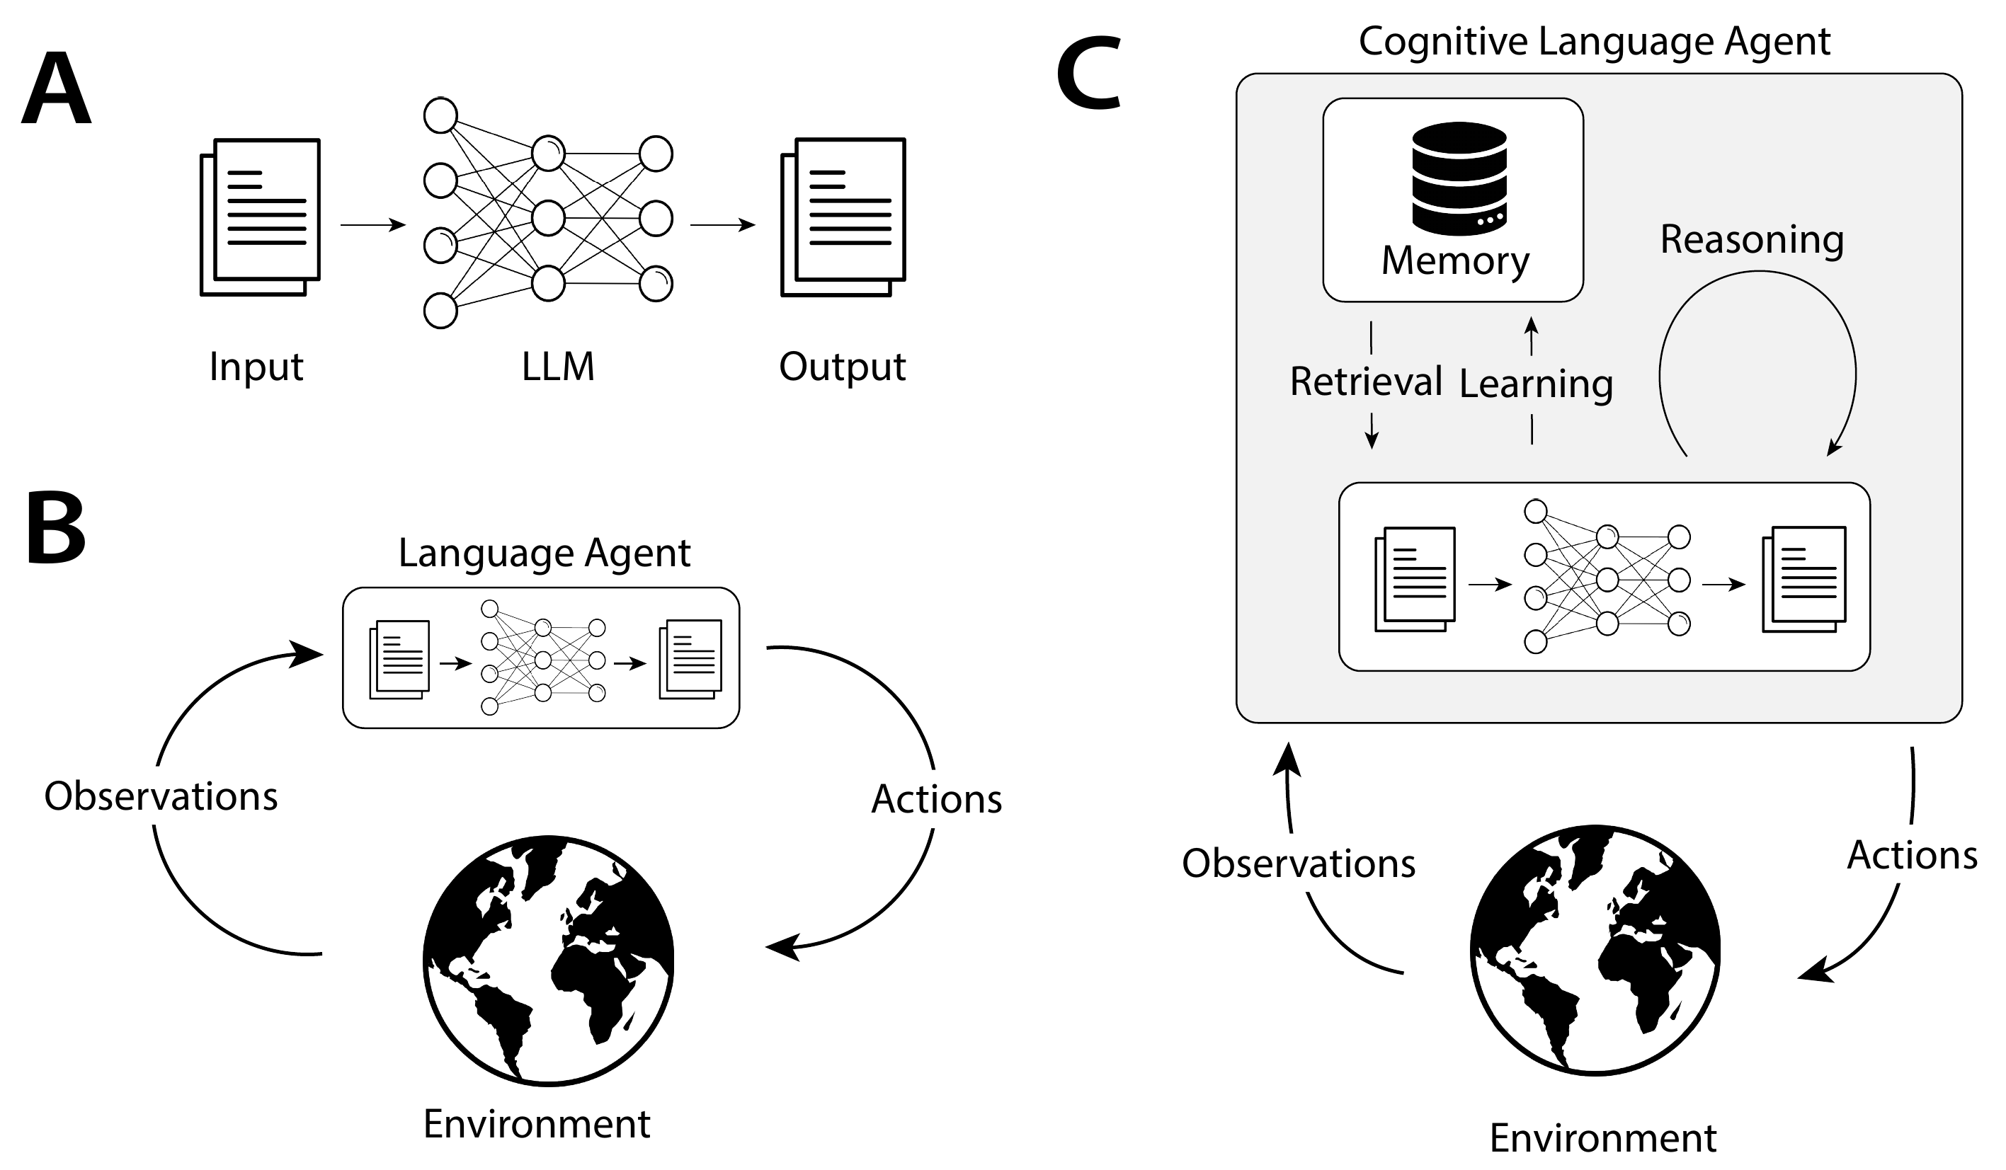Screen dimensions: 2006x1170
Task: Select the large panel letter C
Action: tap(1089, 75)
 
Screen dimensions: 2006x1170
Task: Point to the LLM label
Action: tap(558, 367)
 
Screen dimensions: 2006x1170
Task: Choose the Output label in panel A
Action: tap(842, 367)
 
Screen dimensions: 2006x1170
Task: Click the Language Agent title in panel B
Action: tap(545, 554)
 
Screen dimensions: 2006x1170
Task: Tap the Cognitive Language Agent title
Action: tap(1595, 41)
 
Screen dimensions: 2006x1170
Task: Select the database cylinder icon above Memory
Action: tap(1459, 178)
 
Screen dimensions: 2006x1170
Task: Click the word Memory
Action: tap(1455, 261)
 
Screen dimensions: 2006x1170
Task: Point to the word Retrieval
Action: tap(1366, 382)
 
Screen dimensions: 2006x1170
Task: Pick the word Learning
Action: tap(1537, 385)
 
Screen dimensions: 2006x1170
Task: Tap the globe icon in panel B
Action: tap(549, 960)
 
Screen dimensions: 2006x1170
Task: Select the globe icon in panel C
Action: tap(1595, 951)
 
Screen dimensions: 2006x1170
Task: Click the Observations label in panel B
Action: tap(161, 796)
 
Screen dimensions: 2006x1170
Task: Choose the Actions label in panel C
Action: tap(1912, 856)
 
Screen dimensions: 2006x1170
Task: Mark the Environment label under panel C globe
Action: tap(1603, 1138)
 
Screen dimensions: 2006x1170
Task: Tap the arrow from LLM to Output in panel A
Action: tap(723, 225)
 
